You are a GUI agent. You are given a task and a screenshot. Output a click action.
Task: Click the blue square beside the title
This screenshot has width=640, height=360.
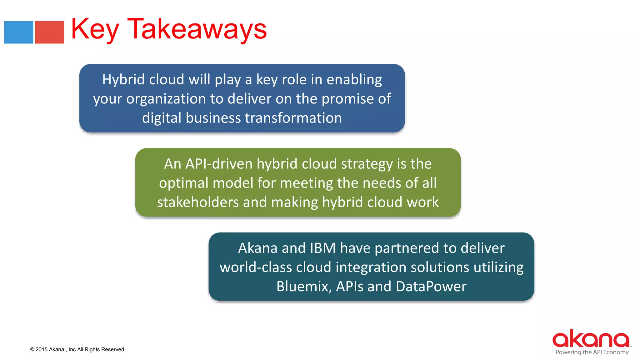coord(18,32)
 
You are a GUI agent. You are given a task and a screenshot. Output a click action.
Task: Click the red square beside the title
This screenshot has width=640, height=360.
coord(49,32)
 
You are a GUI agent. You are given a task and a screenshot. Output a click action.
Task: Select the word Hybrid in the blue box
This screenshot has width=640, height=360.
coord(123,80)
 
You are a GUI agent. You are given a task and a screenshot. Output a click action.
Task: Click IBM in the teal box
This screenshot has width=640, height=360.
coord(322,248)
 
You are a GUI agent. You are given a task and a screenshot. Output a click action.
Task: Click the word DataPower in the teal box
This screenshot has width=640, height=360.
coord(431,287)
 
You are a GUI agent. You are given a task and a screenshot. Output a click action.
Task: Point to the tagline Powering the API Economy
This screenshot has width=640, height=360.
coord(592,352)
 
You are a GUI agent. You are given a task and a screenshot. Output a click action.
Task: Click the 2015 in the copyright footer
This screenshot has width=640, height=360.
coord(42,350)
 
